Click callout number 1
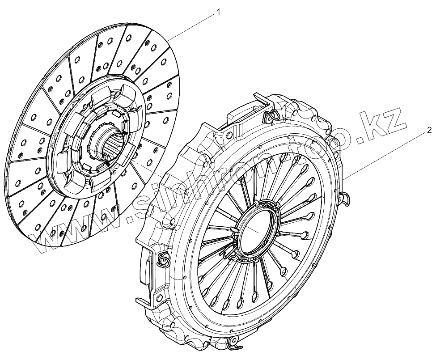point(218,12)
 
